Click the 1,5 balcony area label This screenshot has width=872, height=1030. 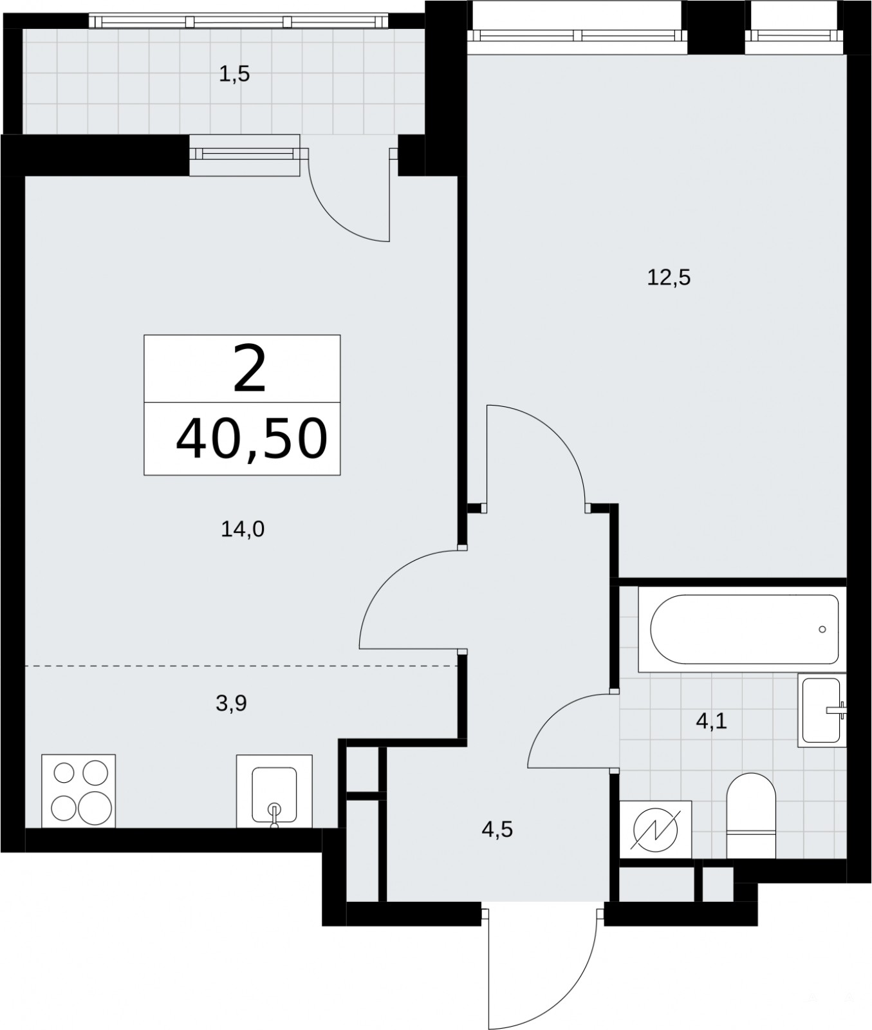234,75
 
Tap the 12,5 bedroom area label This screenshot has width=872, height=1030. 669,277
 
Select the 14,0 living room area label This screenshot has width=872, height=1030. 243,529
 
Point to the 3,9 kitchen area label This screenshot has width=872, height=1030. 232,704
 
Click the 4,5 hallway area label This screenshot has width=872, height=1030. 497,829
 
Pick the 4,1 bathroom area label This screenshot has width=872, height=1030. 711,721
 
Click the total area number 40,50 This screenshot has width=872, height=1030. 252,440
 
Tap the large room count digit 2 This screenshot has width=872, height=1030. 249,370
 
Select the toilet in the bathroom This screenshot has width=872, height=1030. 751,815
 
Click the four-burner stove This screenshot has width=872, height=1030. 79,791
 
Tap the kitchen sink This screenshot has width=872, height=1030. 274,792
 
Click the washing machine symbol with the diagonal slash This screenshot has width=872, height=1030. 656,829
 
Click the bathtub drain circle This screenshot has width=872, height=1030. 822,629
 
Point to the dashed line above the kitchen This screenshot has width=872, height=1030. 242,665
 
